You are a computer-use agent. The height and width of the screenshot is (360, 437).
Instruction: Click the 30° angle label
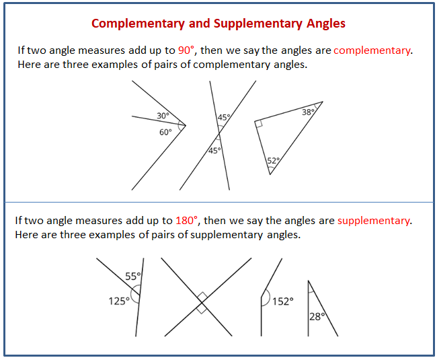click(163, 115)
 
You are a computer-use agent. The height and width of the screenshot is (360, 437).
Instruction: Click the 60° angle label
click(165, 132)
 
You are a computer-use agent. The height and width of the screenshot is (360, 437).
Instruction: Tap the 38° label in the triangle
click(308, 112)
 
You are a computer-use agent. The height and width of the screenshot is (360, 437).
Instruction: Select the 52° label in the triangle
click(274, 161)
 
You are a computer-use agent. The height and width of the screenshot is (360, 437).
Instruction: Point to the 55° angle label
click(133, 276)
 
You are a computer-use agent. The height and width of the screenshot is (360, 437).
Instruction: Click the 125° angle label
click(119, 301)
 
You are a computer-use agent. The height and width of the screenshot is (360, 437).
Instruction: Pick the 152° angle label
click(283, 301)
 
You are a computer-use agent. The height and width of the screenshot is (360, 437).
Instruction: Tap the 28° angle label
click(317, 317)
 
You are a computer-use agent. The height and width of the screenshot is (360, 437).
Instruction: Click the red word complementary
click(372, 50)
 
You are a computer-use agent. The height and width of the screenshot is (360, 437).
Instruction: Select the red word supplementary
click(373, 221)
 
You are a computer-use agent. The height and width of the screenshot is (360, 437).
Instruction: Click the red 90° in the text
click(186, 50)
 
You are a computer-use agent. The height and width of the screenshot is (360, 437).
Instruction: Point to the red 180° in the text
click(186, 220)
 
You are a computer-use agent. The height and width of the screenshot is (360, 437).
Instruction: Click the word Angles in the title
click(326, 24)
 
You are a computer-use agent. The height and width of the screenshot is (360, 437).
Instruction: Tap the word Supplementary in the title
click(257, 24)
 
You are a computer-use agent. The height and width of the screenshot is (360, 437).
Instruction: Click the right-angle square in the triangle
click(259, 124)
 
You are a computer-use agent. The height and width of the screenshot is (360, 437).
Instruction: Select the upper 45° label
click(224, 117)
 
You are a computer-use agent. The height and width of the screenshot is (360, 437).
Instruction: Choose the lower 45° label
click(214, 151)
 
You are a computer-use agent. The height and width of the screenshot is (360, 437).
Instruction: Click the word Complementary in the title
click(138, 24)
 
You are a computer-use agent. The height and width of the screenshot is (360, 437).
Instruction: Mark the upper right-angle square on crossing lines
click(202, 297)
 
